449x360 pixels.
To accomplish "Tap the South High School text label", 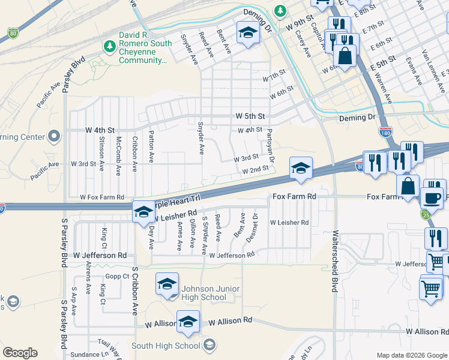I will [166, 346].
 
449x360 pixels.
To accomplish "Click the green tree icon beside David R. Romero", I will [109, 46].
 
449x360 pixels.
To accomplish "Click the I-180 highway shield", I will [385, 131].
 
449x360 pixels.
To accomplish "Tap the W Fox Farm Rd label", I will [101, 197].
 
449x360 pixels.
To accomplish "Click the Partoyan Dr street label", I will [271, 146].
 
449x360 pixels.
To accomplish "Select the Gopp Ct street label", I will [117, 276].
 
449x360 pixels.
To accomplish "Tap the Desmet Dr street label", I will [256, 224].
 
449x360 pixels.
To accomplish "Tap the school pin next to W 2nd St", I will [301, 168].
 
